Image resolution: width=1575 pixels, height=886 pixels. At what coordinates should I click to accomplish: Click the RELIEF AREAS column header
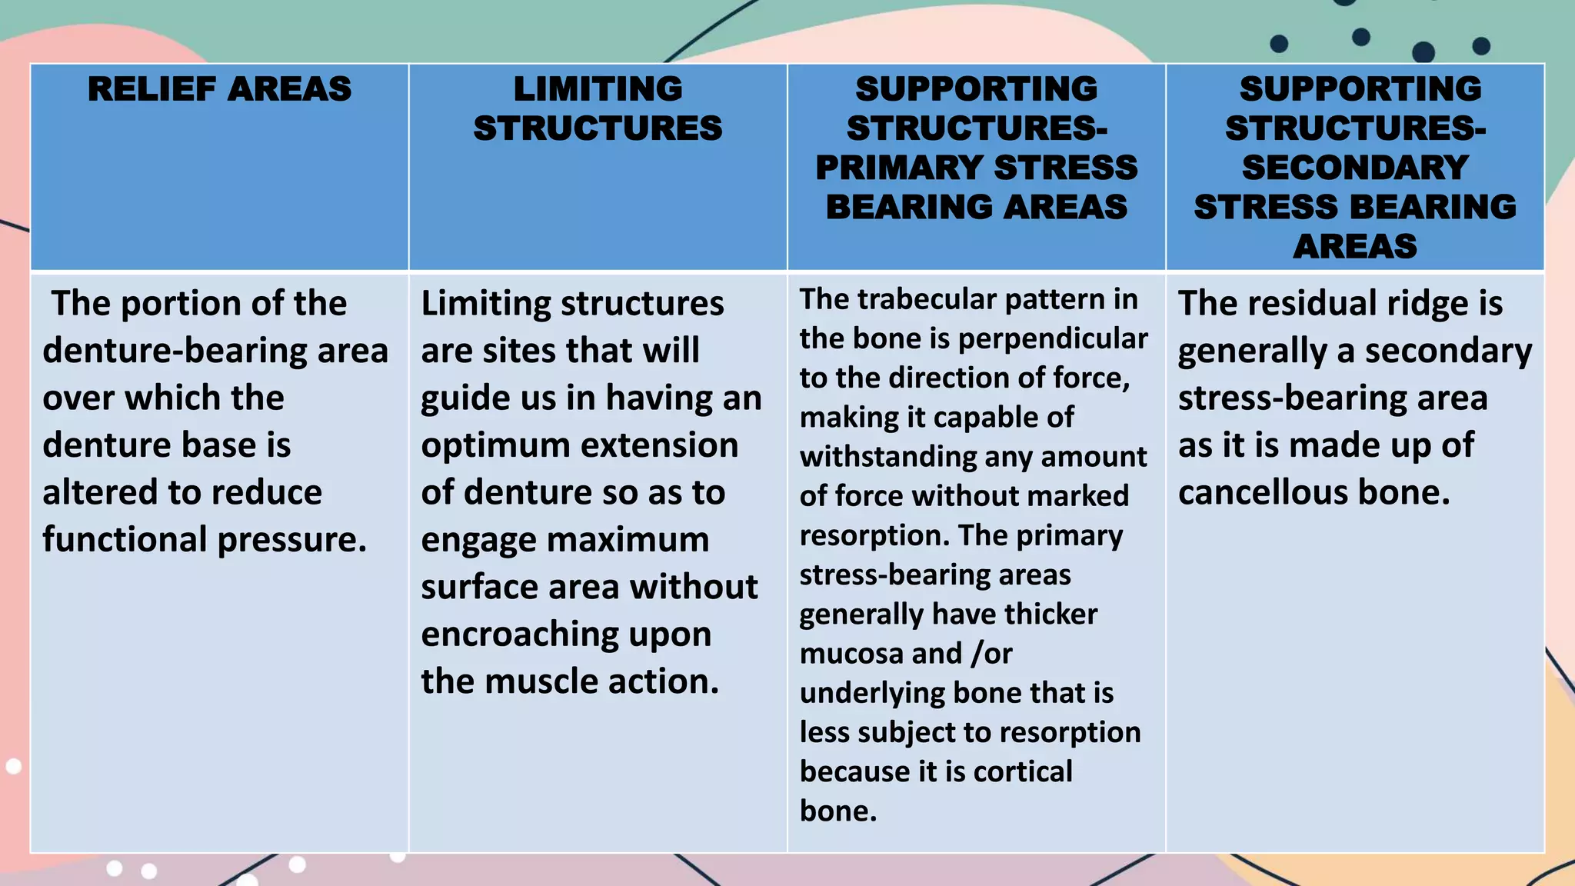tap(219, 89)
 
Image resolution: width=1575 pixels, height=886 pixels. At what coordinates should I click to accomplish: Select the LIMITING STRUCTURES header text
tap(598, 108)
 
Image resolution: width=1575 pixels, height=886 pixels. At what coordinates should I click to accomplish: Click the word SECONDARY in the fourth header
tap(1355, 168)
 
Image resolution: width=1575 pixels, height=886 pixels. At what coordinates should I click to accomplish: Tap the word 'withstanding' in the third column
tap(887, 457)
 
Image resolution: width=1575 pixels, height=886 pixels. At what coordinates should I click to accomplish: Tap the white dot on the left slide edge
tap(13, 766)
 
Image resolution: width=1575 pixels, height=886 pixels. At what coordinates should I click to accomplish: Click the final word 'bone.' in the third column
tap(837, 811)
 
